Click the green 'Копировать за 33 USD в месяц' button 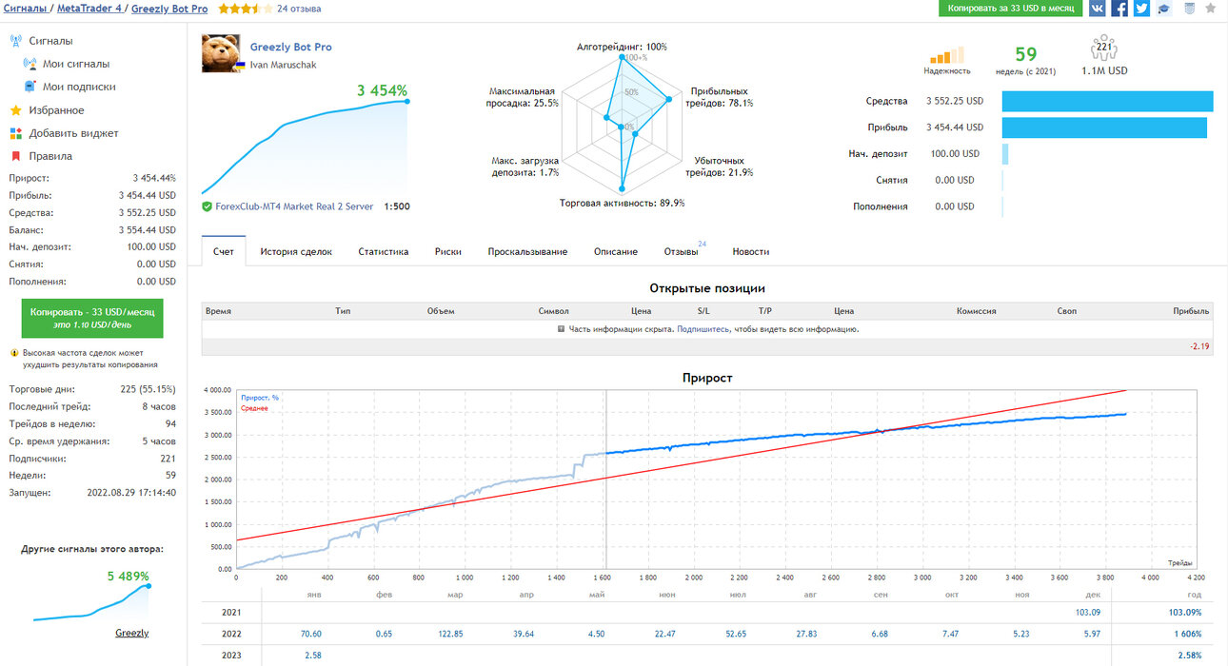coord(1010,9)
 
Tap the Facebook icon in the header coord(1119,9)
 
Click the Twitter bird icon coord(1142,9)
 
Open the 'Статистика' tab coord(384,251)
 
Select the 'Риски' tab coord(448,251)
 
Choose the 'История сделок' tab coord(296,251)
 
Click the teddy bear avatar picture coord(221,53)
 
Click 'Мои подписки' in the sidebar coord(79,87)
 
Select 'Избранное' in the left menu coord(56,110)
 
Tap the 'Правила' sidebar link coord(50,156)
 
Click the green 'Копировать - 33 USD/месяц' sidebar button coord(92,318)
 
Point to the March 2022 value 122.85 coord(450,634)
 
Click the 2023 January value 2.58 coord(313,655)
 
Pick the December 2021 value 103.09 coord(1088,613)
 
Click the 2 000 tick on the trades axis coord(694,578)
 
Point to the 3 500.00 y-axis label coord(218,412)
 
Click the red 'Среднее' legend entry coord(254,408)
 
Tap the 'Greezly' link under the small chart coord(131,633)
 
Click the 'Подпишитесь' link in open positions coord(703,329)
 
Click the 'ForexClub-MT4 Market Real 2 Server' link coord(294,206)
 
